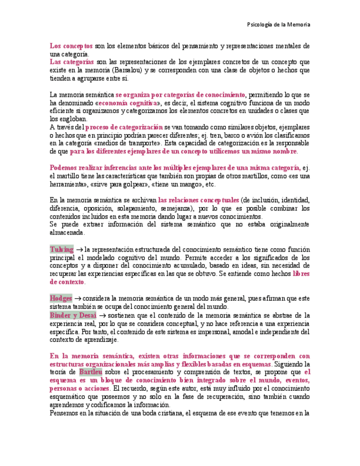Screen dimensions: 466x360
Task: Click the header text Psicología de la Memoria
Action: coord(279,25)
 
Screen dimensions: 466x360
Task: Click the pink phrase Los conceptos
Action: coord(71,46)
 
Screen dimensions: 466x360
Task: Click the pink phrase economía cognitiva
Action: coord(128,103)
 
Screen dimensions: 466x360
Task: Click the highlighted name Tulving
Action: coord(62,249)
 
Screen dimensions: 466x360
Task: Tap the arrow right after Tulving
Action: coord(79,249)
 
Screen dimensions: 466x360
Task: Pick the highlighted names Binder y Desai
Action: coord(73,315)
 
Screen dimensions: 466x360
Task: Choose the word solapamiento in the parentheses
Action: coord(131,208)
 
